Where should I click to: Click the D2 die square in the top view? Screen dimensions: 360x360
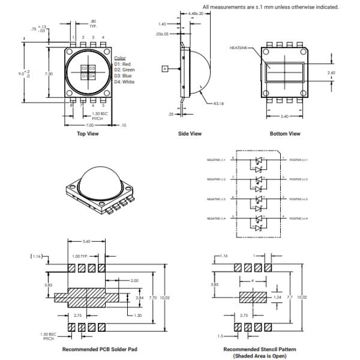85,68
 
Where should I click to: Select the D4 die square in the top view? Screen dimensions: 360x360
93,76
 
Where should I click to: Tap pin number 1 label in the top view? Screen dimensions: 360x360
73,37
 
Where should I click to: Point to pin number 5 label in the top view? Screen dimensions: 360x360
103,106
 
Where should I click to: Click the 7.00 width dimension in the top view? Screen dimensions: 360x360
88,125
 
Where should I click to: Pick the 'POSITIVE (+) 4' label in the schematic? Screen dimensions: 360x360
298,218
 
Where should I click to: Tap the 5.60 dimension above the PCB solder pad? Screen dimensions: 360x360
87,242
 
